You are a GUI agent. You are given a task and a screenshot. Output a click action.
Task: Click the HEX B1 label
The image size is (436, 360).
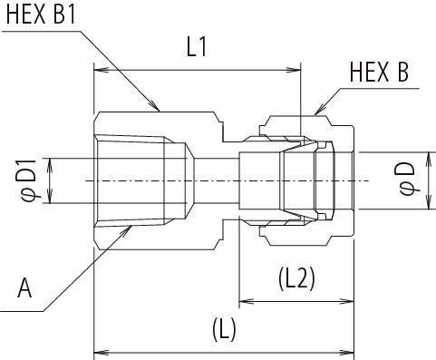pos(41,15)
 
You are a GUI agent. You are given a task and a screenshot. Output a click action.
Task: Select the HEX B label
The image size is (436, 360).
pos(379,72)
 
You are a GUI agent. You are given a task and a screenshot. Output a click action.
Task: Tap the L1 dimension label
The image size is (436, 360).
pos(197,48)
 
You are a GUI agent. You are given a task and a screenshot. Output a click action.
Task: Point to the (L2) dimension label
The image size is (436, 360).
pos(296,279)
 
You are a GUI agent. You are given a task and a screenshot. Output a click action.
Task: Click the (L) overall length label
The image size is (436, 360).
pos(224,330)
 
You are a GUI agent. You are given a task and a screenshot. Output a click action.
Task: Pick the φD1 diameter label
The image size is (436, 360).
pos(29,180)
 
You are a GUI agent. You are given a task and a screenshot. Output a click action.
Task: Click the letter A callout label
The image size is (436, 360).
pos(24,288)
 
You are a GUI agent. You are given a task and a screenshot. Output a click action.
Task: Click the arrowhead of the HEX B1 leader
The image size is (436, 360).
pos(154,105)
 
